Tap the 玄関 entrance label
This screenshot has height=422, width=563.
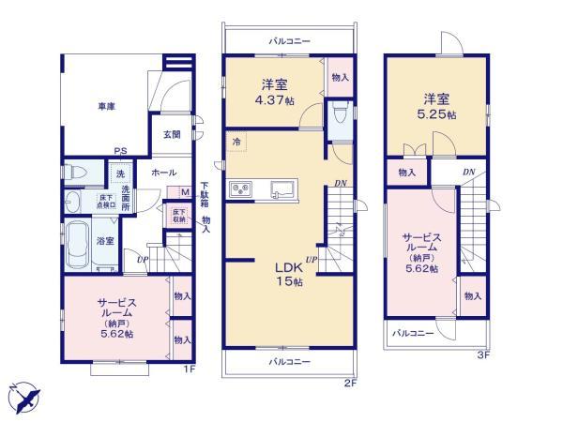pyautogui.click(x=172, y=135)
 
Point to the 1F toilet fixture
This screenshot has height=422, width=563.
pyautogui.click(x=76, y=173)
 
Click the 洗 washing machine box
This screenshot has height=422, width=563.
pyautogui.click(x=120, y=173)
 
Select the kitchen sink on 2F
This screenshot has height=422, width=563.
pyautogui.click(x=279, y=189)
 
